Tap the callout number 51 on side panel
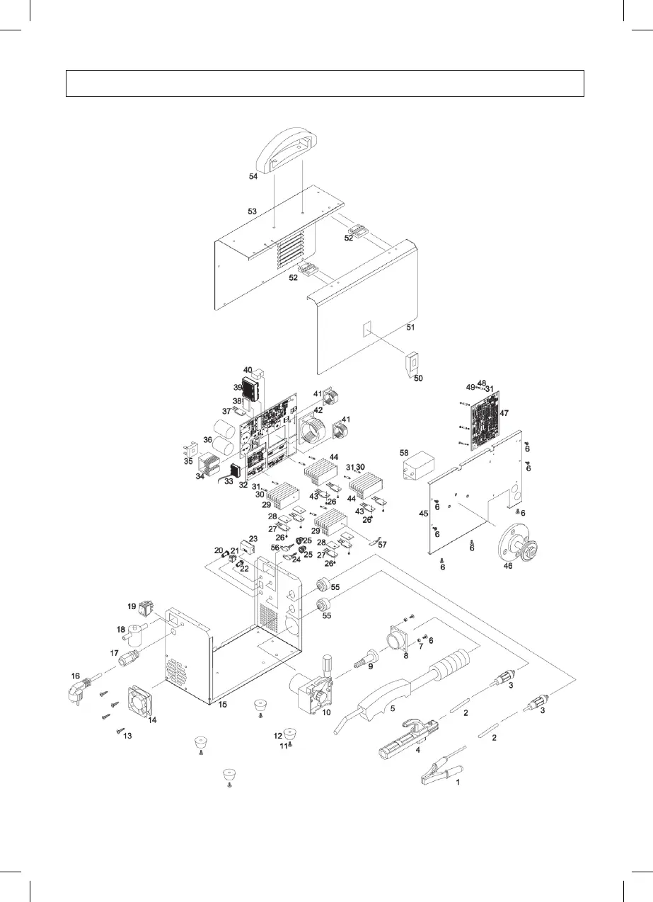(410, 328)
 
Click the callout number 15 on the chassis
(224, 705)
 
